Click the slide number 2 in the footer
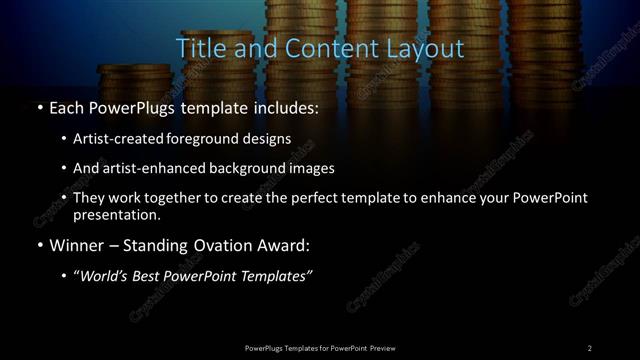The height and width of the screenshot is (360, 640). click(x=590, y=347)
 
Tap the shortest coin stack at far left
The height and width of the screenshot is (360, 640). click(x=122, y=79)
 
